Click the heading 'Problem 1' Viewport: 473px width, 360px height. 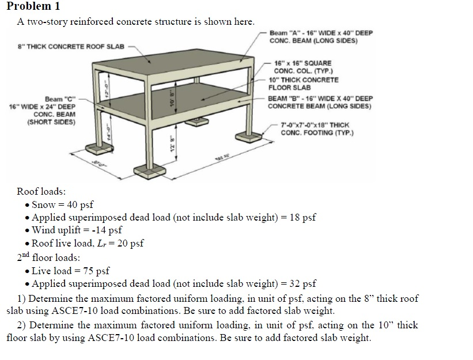pos(33,7)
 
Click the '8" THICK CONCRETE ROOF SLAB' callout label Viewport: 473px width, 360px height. pos(67,46)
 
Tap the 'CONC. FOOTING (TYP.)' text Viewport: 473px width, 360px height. pos(317,133)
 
